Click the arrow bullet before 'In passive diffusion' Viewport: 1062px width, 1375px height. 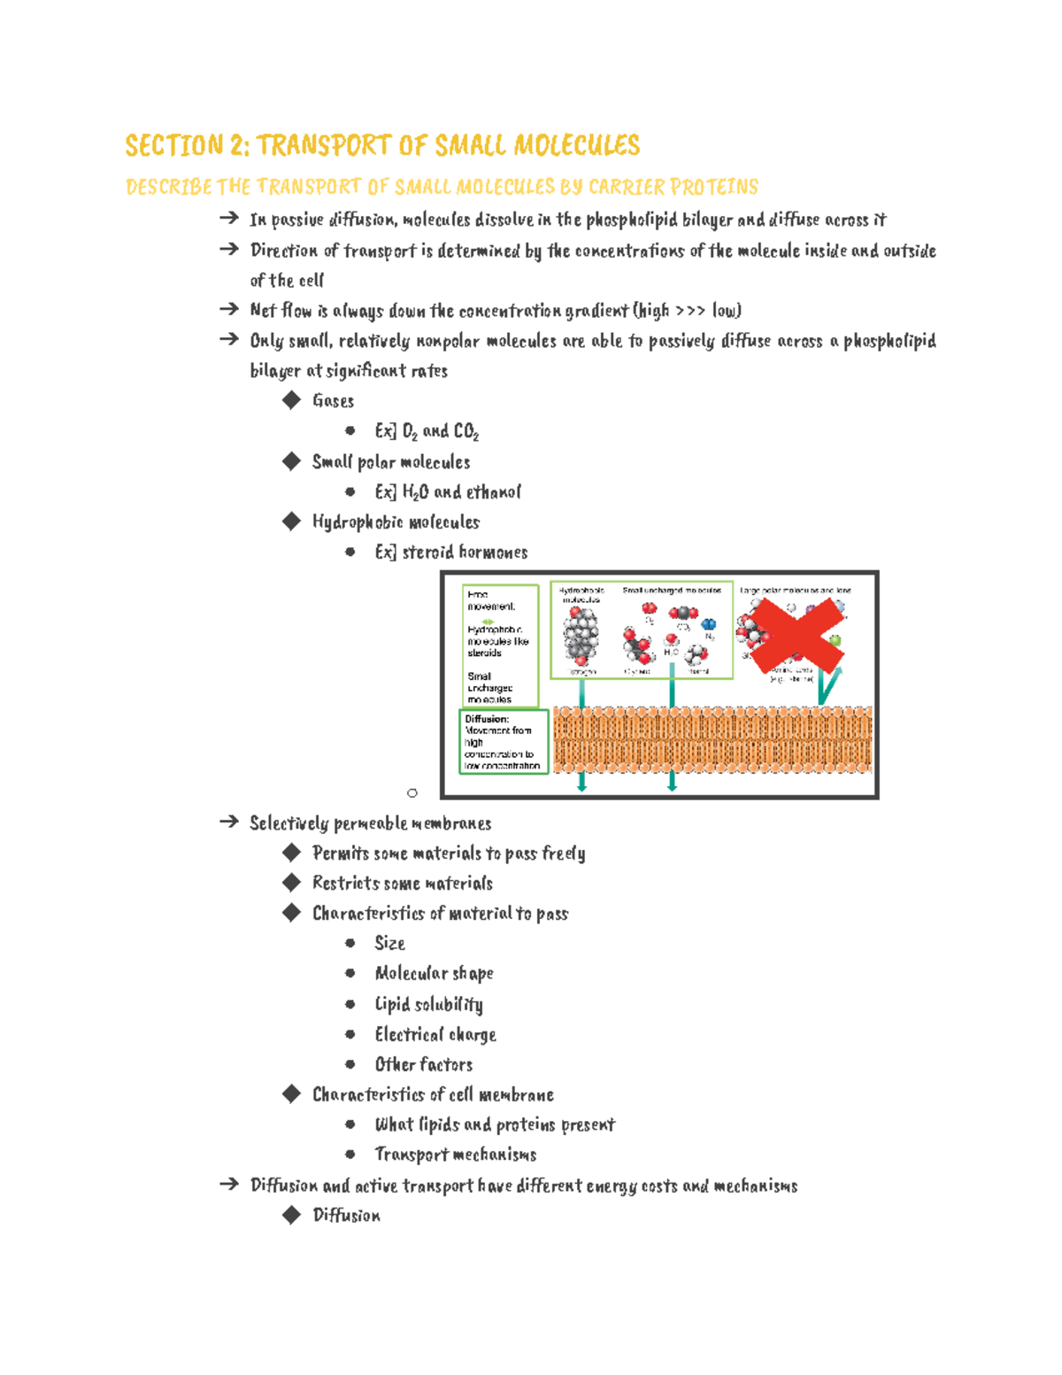229,218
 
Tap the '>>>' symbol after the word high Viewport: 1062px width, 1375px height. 690,311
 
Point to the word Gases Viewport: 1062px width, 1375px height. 333,401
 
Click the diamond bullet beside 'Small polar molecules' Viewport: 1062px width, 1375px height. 291,461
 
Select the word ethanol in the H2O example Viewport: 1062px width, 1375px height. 493,492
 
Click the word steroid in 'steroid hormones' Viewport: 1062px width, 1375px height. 428,552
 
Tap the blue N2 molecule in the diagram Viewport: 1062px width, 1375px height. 708,625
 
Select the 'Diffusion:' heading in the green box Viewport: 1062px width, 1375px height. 487,719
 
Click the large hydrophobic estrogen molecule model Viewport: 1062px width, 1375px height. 581,636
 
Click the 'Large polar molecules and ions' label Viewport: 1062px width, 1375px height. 795,590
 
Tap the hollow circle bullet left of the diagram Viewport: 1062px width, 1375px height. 412,792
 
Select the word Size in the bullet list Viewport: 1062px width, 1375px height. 389,944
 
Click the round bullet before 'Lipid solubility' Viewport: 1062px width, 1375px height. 350,1004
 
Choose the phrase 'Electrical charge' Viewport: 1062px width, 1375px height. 435,1035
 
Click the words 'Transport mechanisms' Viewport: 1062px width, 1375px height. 456,1155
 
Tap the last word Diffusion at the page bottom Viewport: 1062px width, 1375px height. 346,1216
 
